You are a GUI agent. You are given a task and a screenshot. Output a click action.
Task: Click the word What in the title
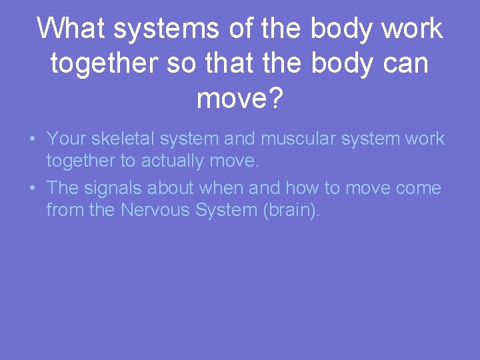[x=71, y=29]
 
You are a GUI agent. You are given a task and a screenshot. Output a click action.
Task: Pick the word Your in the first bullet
[x=67, y=139]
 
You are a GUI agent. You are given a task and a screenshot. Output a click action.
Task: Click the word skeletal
[x=121, y=139]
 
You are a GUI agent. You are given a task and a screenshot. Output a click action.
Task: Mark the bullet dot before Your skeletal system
[x=32, y=139]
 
